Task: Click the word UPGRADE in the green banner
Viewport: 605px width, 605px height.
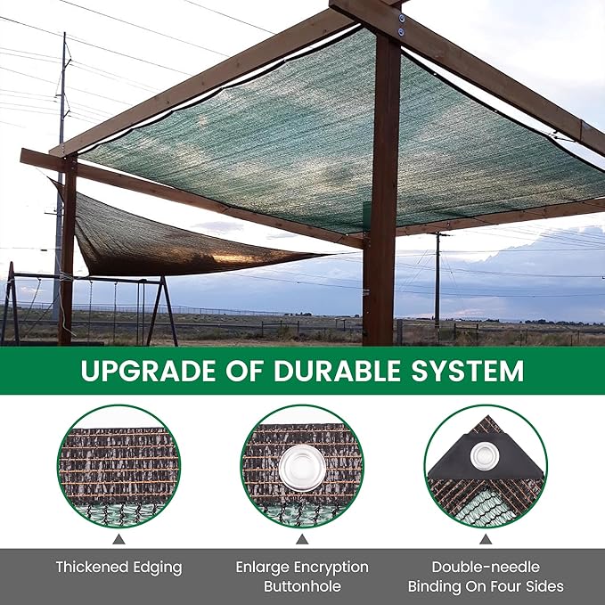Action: [x=140, y=371]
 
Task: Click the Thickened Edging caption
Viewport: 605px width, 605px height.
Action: [x=119, y=567]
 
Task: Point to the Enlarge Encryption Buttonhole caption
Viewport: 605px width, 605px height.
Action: [x=302, y=576]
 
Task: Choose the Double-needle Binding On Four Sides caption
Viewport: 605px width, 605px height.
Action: [x=486, y=576]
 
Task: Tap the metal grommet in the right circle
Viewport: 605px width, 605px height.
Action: [x=485, y=456]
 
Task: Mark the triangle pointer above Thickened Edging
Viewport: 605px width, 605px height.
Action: [x=119, y=539]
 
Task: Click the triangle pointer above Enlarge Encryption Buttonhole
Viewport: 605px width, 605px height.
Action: [x=302, y=539]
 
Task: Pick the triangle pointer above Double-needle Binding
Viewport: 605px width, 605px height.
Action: [x=486, y=539]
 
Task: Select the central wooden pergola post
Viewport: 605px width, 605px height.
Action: [x=383, y=205]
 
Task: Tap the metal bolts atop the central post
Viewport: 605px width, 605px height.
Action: [x=400, y=25]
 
